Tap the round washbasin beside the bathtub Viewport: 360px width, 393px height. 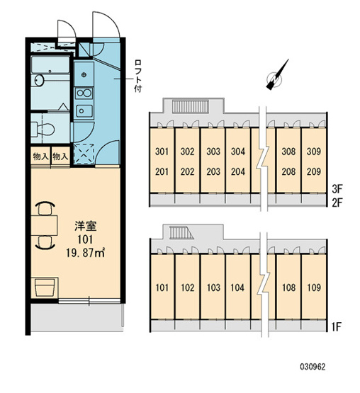[39, 80]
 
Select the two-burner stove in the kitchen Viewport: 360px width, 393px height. [84, 93]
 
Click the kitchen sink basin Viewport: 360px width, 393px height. [84, 110]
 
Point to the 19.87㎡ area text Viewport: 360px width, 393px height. [85, 253]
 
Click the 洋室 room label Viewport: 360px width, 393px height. [85, 226]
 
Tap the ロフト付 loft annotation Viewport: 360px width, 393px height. [138, 76]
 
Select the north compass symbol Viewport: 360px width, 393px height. [276, 76]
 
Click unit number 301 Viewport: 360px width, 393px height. [162, 152]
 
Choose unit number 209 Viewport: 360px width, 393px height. [314, 171]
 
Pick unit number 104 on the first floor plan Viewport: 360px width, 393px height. [237, 287]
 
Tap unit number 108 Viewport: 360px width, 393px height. [288, 287]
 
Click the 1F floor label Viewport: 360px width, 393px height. [337, 326]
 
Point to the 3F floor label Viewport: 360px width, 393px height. [337, 189]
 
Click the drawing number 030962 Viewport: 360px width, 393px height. [313, 367]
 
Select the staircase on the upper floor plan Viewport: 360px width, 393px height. [191, 106]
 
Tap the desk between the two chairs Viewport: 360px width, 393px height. [45, 224]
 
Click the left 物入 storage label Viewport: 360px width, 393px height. [40, 157]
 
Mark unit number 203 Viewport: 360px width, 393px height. [213, 171]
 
